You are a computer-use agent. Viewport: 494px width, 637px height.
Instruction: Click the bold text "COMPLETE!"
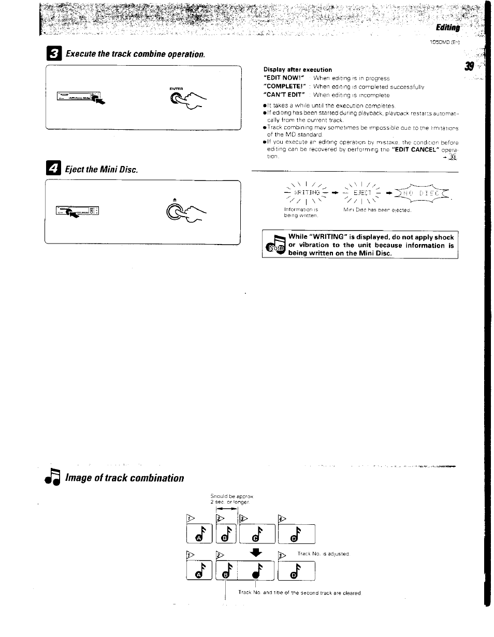pyautogui.click(x=284, y=86)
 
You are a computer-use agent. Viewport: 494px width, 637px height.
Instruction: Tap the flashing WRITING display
pyautogui.click(x=304, y=194)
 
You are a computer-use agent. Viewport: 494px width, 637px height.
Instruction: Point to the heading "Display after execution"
pyautogui.click(x=297, y=69)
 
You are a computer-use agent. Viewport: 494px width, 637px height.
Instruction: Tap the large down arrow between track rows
pyautogui.click(x=254, y=553)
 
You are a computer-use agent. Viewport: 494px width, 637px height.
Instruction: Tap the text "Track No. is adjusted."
pyautogui.click(x=324, y=554)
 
